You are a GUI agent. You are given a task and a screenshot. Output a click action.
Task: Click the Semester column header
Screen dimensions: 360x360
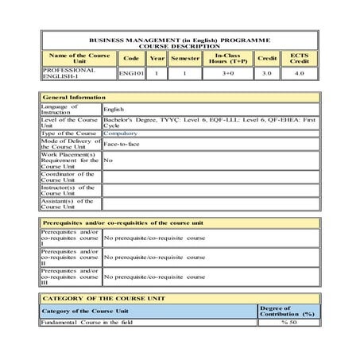tap(185, 58)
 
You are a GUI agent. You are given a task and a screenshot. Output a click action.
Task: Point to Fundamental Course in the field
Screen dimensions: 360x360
tap(87, 323)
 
